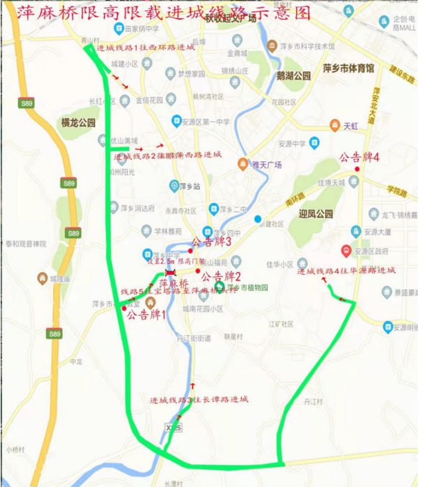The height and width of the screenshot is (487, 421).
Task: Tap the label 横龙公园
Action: pyautogui.click(x=79, y=122)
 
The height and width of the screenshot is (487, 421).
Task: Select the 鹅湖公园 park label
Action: pyautogui.click(x=294, y=76)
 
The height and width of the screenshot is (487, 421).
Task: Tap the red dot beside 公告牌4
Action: pyautogui.click(x=357, y=169)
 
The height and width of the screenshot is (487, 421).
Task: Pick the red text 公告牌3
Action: pyautogui.click(x=210, y=242)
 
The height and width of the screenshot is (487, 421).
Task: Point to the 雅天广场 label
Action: pyautogui.click(x=265, y=164)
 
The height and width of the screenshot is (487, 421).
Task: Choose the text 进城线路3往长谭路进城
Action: pyautogui.click(x=199, y=400)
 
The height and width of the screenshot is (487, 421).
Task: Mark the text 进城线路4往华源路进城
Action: pyautogui.click(x=346, y=271)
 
